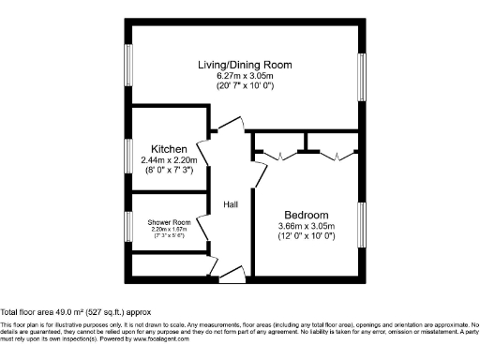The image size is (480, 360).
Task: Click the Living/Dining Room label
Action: tap(245, 65)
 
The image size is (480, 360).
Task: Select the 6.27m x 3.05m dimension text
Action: tap(245, 76)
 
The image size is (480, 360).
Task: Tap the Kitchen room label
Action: tap(170, 149)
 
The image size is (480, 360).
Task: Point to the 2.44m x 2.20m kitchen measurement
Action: tap(170, 160)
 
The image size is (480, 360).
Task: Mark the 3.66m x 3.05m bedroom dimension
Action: tap(307, 226)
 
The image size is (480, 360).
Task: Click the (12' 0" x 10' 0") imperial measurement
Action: tap(307, 236)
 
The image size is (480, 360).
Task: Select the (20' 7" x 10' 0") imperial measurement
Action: tap(245, 86)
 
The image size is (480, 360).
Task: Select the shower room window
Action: tap(130, 225)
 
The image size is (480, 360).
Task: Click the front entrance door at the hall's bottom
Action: tap(231, 275)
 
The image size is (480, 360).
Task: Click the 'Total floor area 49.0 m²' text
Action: tap(75, 311)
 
